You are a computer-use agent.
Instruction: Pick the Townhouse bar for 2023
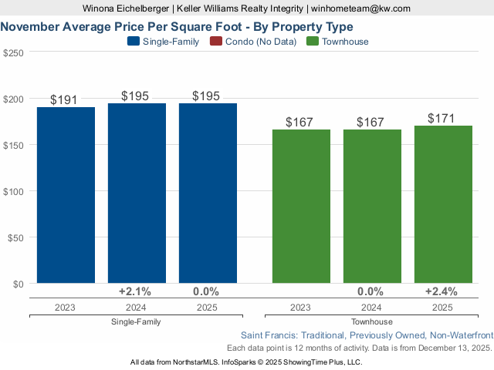tap(301, 206)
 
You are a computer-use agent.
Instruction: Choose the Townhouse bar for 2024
tap(372, 206)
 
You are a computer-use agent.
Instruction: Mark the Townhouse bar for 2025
tap(443, 204)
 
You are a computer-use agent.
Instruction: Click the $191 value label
tap(66, 99)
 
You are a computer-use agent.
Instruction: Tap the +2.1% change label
tap(135, 292)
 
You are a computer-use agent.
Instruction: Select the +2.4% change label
tap(442, 292)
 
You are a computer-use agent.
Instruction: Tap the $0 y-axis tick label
tap(18, 284)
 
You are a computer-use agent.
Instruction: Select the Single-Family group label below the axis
tap(137, 322)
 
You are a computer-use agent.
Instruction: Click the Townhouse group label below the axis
tap(372, 322)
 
